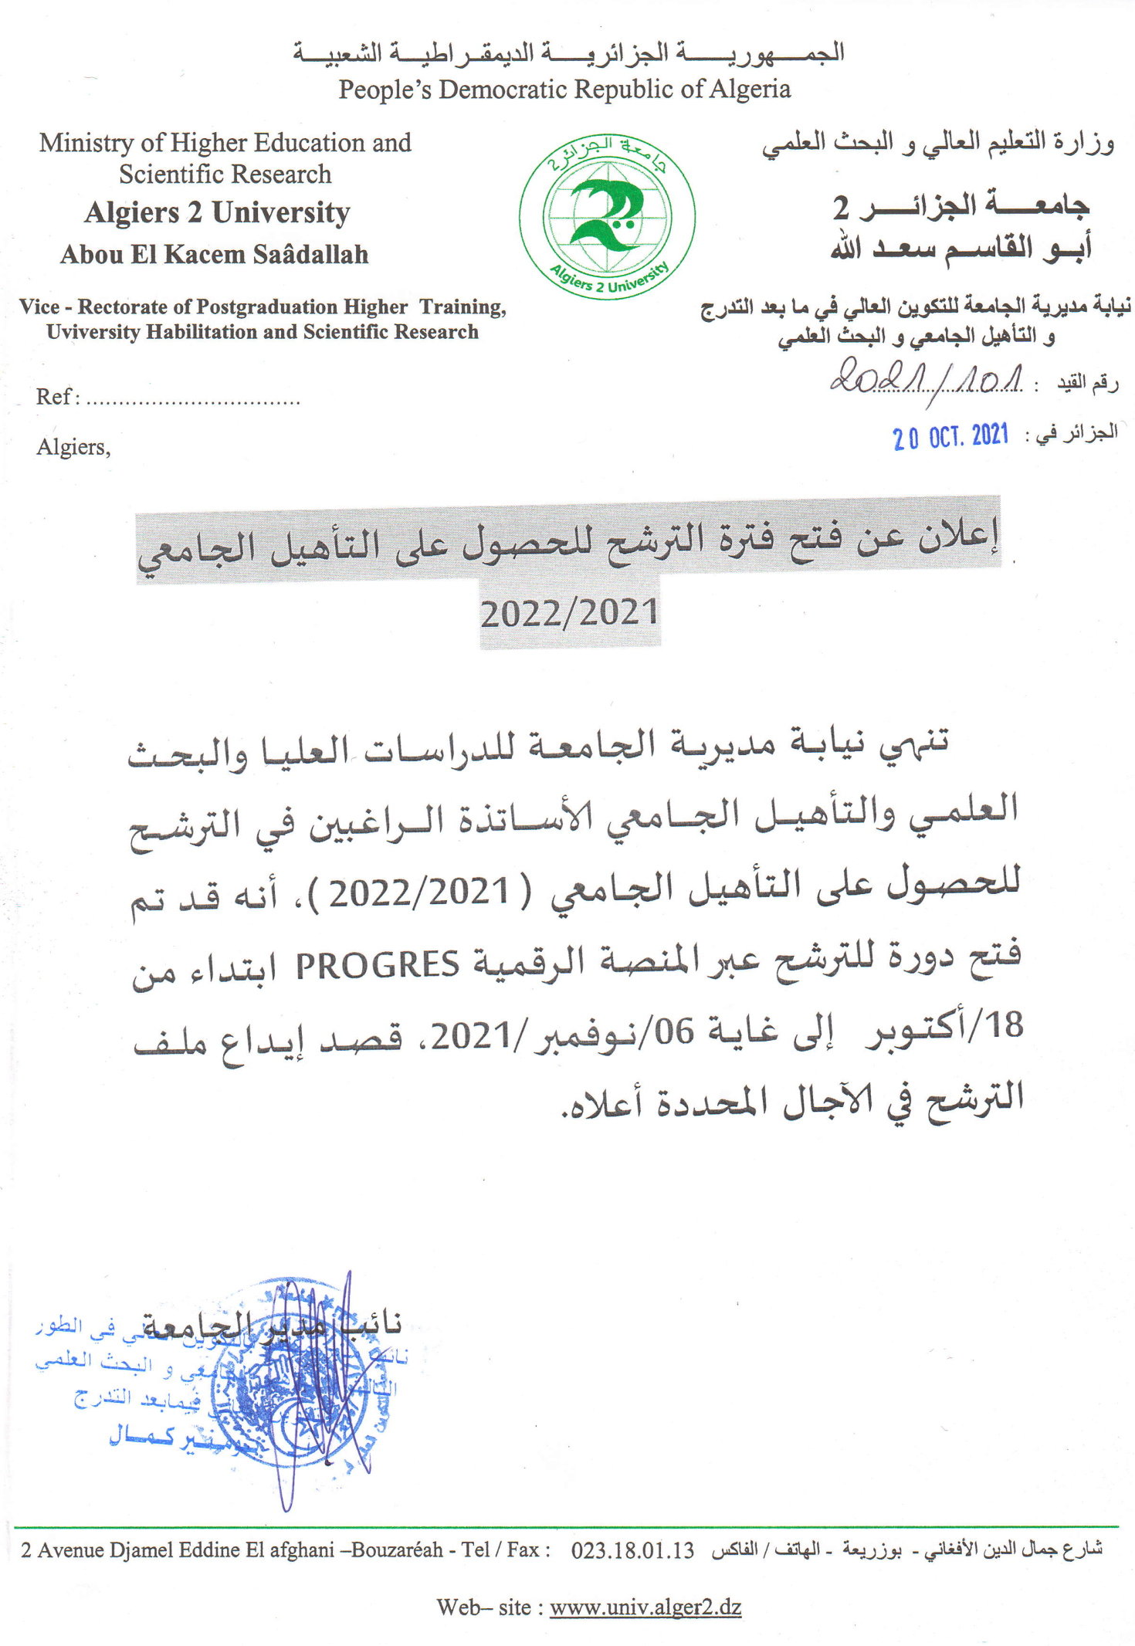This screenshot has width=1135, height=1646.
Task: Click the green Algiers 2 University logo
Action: coord(606,217)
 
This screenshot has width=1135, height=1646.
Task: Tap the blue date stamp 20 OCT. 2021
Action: coord(950,437)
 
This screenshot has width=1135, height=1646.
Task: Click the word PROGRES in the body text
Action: coord(378,965)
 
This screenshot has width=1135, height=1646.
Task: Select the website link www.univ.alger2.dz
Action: coord(645,1607)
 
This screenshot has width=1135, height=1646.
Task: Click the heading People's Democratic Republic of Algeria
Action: coord(564,90)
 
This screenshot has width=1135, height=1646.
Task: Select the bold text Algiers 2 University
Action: coord(217,212)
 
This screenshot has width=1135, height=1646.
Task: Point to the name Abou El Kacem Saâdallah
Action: coord(215,254)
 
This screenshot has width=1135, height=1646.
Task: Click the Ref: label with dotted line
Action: coord(168,397)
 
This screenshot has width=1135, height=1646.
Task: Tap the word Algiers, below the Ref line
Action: coord(73,447)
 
